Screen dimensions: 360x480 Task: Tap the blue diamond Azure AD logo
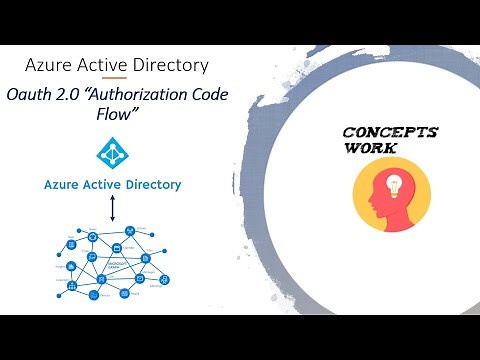[112, 153]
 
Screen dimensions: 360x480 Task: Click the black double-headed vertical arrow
[112, 209]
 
